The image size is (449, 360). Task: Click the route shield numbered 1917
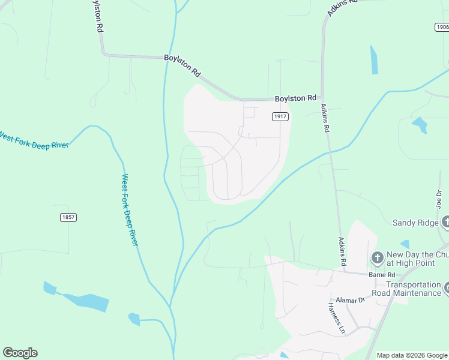(280, 116)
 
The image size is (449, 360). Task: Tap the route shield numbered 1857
(68, 217)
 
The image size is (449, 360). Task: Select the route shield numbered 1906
(442, 27)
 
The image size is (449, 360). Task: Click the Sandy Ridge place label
(415, 223)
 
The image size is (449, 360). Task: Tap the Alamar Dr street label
(351, 299)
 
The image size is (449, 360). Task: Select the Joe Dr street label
(439, 198)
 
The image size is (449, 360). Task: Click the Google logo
(20, 353)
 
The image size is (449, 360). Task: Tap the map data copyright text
(412, 355)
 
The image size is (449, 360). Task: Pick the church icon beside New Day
(377, 258)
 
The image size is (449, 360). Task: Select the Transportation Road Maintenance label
(414, 289)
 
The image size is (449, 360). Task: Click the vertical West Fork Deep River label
(130, 209)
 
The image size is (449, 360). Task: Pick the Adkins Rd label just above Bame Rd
(342, 251)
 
